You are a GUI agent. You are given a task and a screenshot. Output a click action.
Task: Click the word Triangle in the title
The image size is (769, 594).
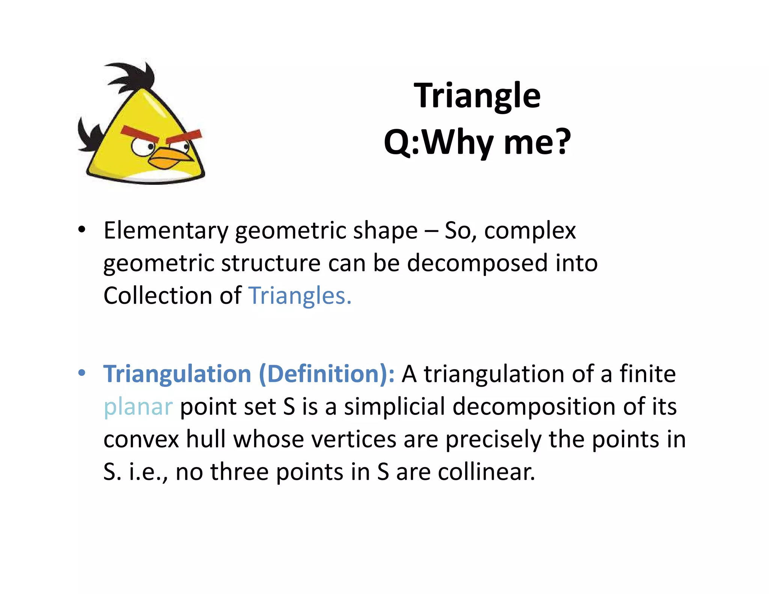coord(477,96)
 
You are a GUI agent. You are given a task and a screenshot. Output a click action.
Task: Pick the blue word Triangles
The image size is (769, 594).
coord(300,296)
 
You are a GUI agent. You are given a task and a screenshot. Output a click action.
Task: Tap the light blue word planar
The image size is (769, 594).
coord(138,407)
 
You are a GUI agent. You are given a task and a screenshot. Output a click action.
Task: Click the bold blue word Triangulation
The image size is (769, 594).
coord(177,374)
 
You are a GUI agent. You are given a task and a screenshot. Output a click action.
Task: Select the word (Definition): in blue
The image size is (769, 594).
coord(327,374)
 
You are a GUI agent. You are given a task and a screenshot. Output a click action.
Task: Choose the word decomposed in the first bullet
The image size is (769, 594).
coord(477,263)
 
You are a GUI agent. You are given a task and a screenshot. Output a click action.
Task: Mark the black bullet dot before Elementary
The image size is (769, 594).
coord(82,229)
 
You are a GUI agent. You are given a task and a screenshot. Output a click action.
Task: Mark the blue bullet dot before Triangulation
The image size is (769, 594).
coord(82,373)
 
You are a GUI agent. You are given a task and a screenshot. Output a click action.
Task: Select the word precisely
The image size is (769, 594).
coord(493,440)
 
